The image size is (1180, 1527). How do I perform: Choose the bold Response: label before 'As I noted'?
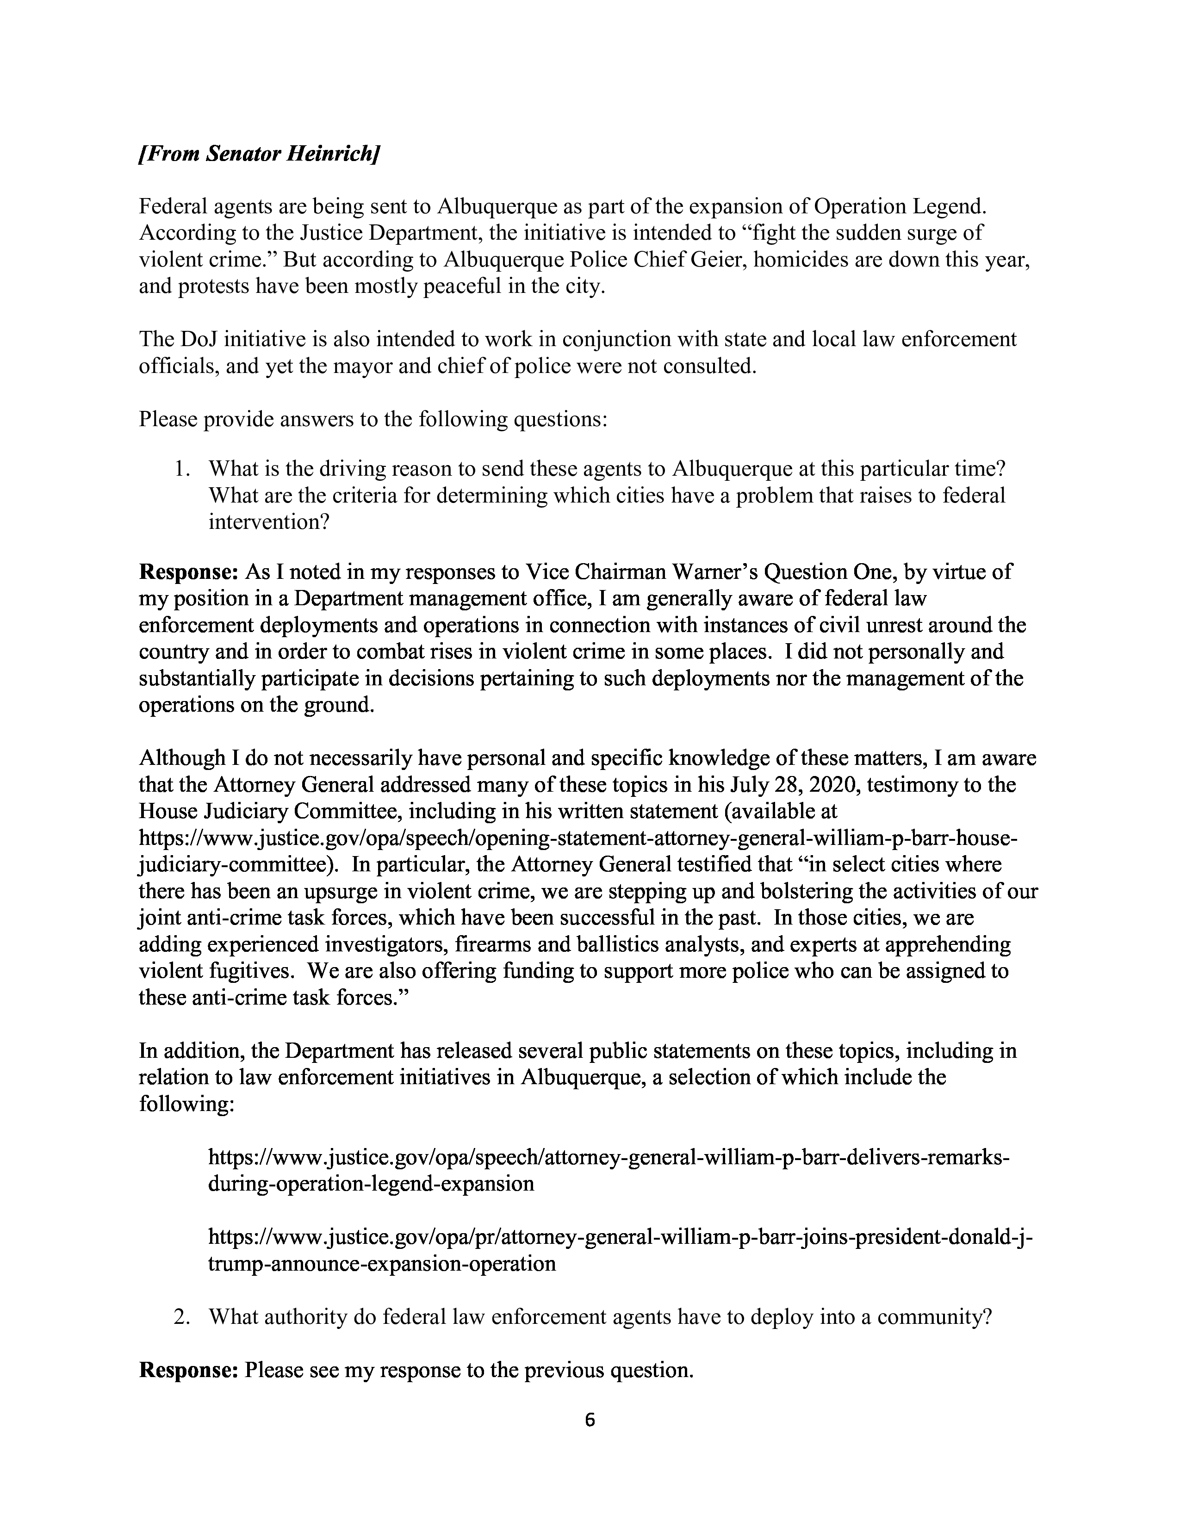[x=189, y=573]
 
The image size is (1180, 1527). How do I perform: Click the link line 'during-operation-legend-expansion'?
[x=371, y=1184]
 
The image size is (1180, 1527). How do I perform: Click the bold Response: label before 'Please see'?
[x=189, y=1370]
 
